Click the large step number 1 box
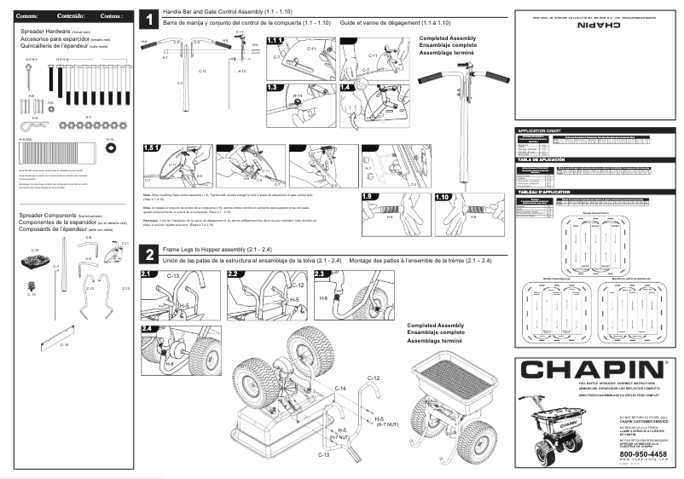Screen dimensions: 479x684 click(x=148, y=19)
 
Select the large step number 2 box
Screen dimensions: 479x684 click(x=148, y=255)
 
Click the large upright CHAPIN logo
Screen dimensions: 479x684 click(x=594, y=371)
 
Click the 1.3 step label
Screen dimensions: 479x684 click(x=273, y=87)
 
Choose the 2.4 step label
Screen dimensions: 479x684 click(x=148, y=328)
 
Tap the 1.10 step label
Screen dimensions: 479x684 click(x=442, y=196)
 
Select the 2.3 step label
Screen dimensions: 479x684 click(x=322, y=274)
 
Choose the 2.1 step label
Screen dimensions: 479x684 click(x=148, y=274)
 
